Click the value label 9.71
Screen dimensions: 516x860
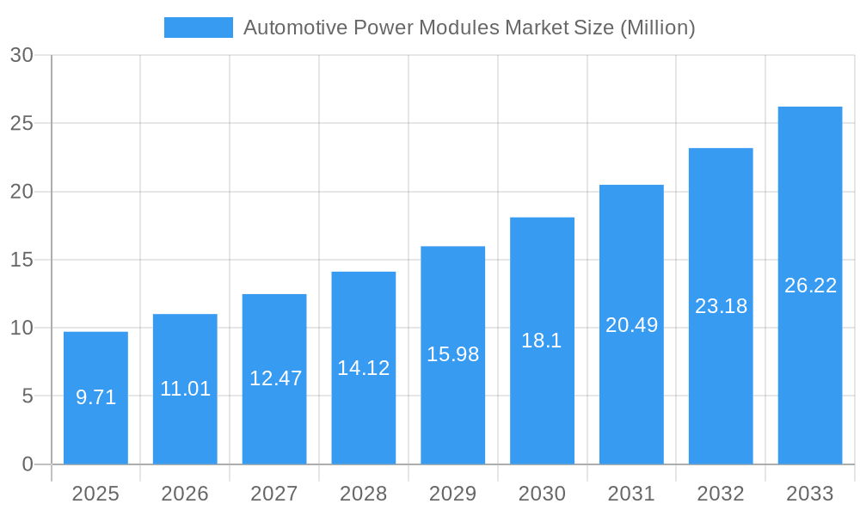(x=95, y=397)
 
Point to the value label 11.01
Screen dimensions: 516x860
(x=185, y=389)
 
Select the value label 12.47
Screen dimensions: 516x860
(x=274, y=378)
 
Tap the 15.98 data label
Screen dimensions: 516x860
(x=452, y=354)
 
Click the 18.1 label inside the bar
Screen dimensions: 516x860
(x=542, y=341)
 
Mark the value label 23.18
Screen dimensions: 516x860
(x=721, y=306)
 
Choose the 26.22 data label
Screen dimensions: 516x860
(x=810, y=286)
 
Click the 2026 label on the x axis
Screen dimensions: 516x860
(x=185, y=494)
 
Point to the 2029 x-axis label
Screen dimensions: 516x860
(x=452, y=494)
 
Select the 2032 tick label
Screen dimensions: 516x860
(x=721, y=494)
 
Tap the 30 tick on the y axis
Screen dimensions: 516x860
(x=21, y=55)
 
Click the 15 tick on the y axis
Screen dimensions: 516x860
(x=21, y=260)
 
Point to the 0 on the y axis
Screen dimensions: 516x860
(x=27, y=464)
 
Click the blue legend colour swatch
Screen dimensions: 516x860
(x=198, y=28)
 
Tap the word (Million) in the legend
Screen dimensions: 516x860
(x=657, y=28)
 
